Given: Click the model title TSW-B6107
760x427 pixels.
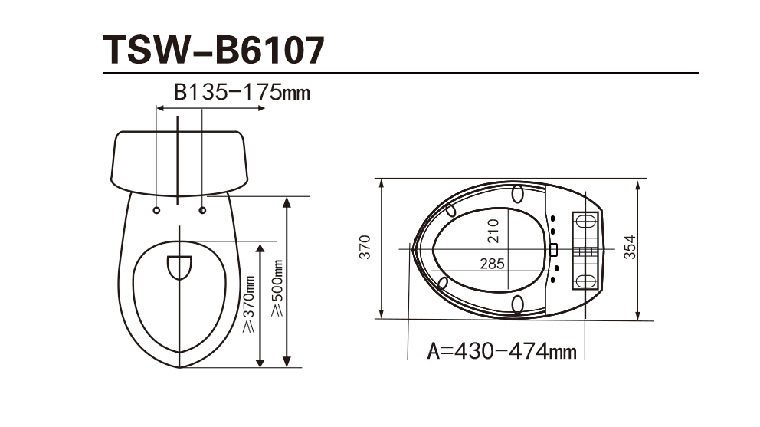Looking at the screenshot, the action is click(x=214, y=50).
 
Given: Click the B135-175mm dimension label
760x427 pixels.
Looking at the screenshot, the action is click(x=242, y=92).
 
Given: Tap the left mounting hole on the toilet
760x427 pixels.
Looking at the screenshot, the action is click(x=156, y=210).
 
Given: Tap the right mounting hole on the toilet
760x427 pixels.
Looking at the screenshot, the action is click(x=202, y=210).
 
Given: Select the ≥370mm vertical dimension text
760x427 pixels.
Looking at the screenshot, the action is click(x=248, y=304).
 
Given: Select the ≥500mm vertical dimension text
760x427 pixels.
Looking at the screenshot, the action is click(x=277, y=288).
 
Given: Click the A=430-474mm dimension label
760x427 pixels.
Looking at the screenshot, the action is click(x=502, y=351).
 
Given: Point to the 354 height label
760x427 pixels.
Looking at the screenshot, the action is click(x=629, y=247).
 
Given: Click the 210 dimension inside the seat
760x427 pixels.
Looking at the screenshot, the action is click(x=493, y=231).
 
